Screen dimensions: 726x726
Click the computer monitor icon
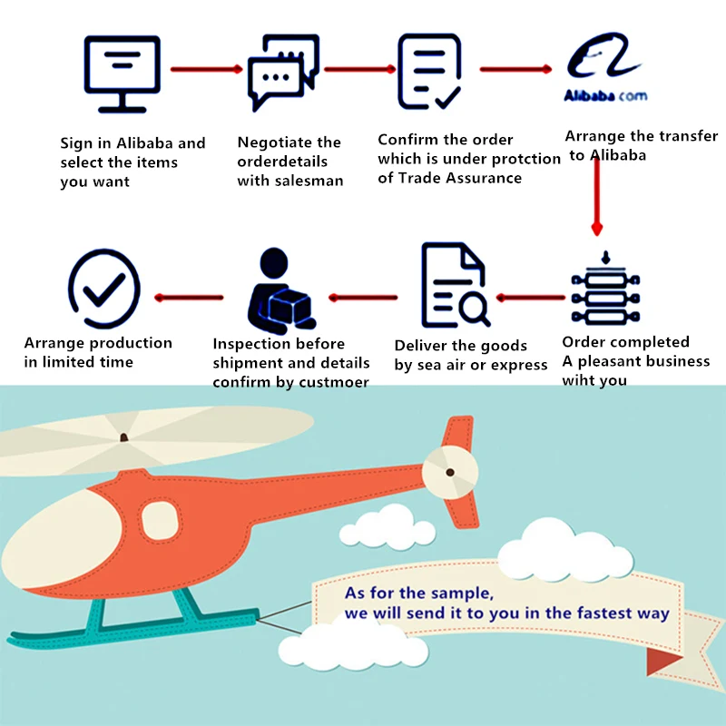122,73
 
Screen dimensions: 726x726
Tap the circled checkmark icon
104,289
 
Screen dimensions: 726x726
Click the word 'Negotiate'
270,142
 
